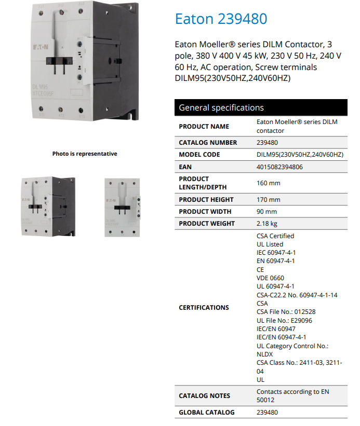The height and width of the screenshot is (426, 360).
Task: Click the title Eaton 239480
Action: pyautogui.click(x=221, y=19)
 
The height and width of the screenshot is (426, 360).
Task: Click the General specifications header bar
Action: pyautogui.click(x=261, y=108)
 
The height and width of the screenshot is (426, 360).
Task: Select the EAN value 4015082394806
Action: pyautogui.click(x=279, y=167)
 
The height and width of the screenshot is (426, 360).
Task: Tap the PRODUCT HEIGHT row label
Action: pyautogui.click(x=206, y=200)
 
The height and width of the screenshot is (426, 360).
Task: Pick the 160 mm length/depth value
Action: pyautogui.click(x=268, y=183)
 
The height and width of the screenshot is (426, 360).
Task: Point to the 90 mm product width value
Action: pyautogui.click(x=266, y=212)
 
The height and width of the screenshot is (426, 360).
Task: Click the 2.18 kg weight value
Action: pyautogui.click(x=267, y=224)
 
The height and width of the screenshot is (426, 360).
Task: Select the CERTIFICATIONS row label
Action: pyautogui.click(x=204, y=308)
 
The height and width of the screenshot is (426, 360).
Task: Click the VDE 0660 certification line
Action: pyautogui.click(x=270, y=278)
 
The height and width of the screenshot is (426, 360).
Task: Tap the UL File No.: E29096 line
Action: pyautogui.click(x=285, y=321)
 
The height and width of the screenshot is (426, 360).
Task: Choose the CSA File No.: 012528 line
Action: pyautogui.click(x=286, y=312)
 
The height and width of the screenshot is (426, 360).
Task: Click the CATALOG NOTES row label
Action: pyautogui.click(x=204, y=396)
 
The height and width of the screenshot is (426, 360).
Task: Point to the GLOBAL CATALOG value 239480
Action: pyautogui.click(x=267, y=413)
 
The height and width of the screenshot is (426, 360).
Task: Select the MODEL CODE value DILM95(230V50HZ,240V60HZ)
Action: pyautogui.click(x=300, y=155)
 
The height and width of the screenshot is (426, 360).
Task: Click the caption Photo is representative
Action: pyautogui.click(x=85, y=154)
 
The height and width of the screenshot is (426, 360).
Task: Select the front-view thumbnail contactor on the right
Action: pyautogui.click(x=122, y=207)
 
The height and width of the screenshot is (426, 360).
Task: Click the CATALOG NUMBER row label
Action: pyautogui.click(x=208, y=143)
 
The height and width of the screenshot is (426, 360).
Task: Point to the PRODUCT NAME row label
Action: pyautogui.click(x=204, y=127)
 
